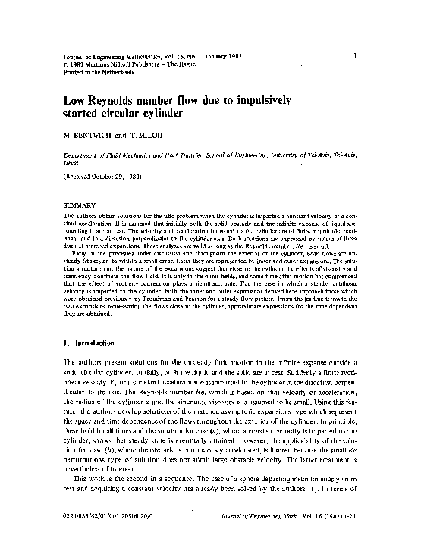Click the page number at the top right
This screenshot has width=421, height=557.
click(x=355, y=55)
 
